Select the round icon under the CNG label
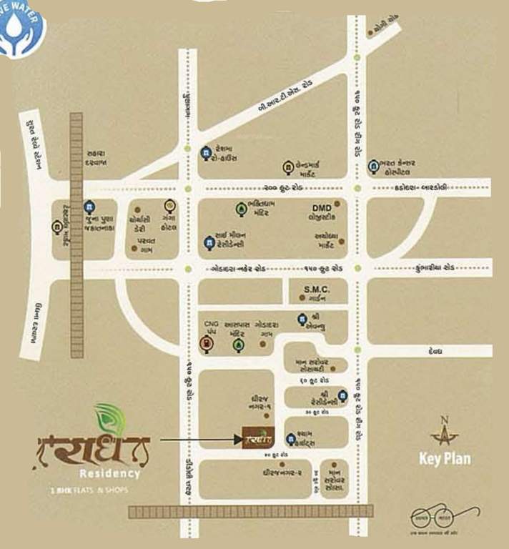pyautogui.click(x=205, y=345)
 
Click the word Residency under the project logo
pyautogui.click(x=109, y=473)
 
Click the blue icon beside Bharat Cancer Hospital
pyautogui.click(x=372, y=168)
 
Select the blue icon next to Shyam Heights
pyautogui.click(x=291, y=438)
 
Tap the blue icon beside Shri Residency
pyautogui.click(x=343, y=395)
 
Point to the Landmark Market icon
pyautogui.click(x=289, y=167)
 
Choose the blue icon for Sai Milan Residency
pyautogui.click(x=207, y=242)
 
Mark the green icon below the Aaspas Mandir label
pyautogui.click(x=237, y=345)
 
